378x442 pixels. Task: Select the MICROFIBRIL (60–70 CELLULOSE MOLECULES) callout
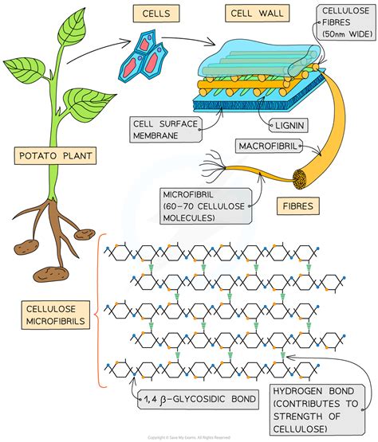[x=203, y=205]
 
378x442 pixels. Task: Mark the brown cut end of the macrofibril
[x=304, y=179]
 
